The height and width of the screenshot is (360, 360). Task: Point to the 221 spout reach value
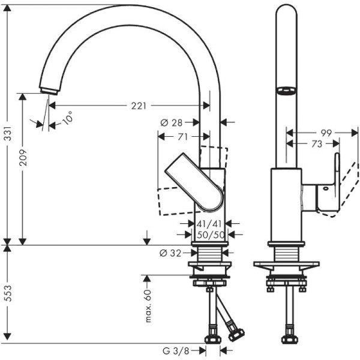pyautogui.click(x=139, y=106)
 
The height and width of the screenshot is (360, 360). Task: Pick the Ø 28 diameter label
pyautogui.click(x=172, y=122)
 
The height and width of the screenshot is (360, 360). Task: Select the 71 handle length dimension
pyautogui.click(x=182, y=137)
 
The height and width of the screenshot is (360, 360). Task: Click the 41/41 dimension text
pyautogui.click(x=209, y=223)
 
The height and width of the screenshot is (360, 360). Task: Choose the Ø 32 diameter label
pyautogui.click(x=170, y=253)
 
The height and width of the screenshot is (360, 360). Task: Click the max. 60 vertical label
pyautogui.click(x=147, y=305)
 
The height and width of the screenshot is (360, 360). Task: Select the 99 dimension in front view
pyautogui.click(x=326, y=132)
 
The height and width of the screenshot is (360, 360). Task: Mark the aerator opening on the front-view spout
pyautogui.click(x=286, y=91)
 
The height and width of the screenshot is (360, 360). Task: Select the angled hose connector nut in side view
pyautogui.click(x=232, y=331)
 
